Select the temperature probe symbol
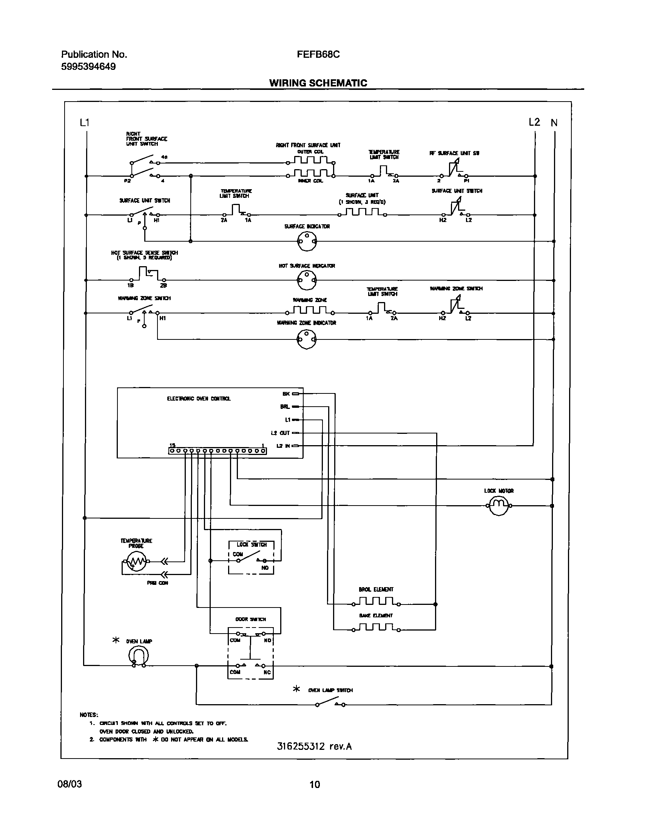(136, 562)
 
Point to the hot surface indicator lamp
(306, 280)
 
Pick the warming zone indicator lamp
(306, 339)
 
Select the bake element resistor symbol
(377, 628)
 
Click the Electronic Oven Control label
(199, 398)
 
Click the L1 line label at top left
(85, 122)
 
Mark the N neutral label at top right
(554, 122)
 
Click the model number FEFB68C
(318, 54)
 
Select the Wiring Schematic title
(318, 83)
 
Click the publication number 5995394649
(88, 67)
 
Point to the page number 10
(314, 784)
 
